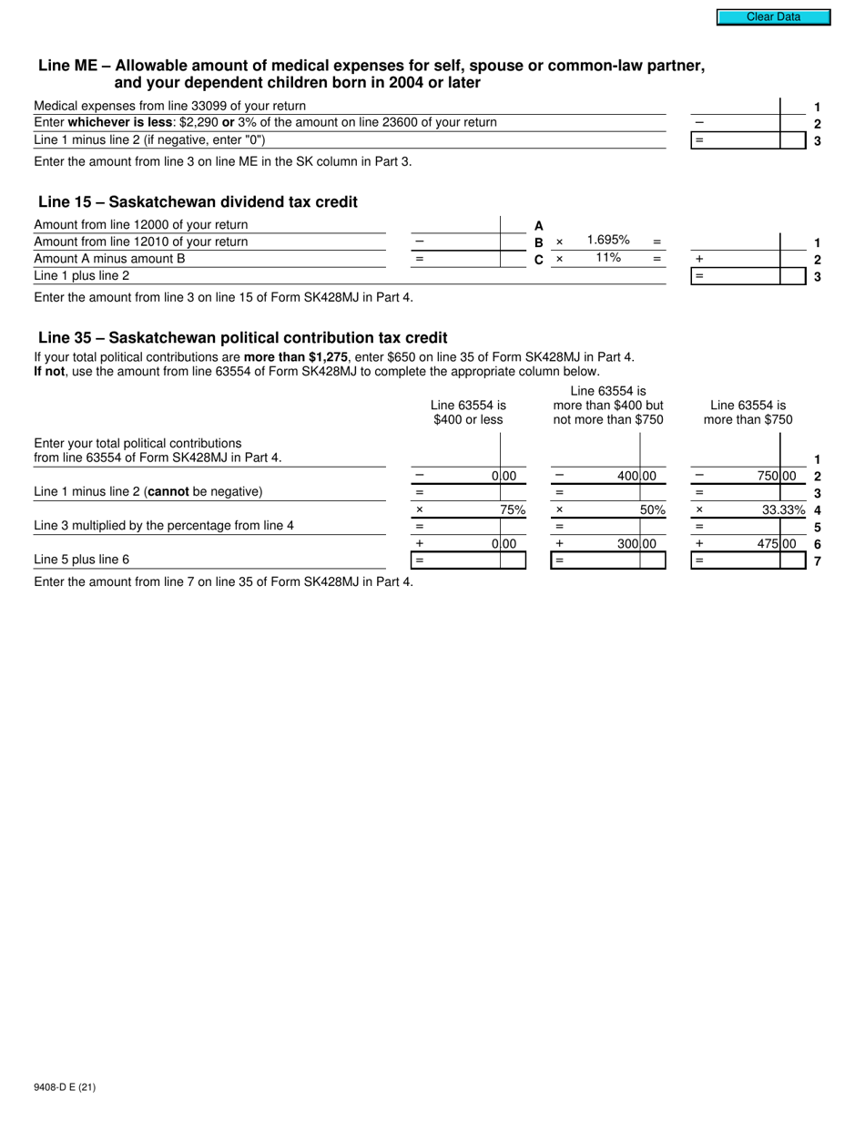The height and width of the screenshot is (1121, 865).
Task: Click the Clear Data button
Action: click(773, 16)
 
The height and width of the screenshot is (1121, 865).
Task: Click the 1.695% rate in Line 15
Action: click(608, 240)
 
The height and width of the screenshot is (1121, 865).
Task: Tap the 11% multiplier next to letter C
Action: click(608, 258)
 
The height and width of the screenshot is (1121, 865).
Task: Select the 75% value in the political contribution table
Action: click(513, 510)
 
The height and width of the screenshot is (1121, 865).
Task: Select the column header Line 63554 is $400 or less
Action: click(468, 412)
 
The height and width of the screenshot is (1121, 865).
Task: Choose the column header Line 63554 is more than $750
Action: click(748, 412)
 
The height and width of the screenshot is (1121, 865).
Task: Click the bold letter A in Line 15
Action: click(539, 225)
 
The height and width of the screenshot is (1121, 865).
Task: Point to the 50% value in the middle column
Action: click(652, 510)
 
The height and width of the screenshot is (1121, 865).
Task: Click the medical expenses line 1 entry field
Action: click(735, 107)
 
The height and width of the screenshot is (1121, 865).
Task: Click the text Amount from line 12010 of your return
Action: click(141, 242)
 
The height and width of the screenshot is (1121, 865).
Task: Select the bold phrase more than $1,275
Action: click(296, 357)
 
